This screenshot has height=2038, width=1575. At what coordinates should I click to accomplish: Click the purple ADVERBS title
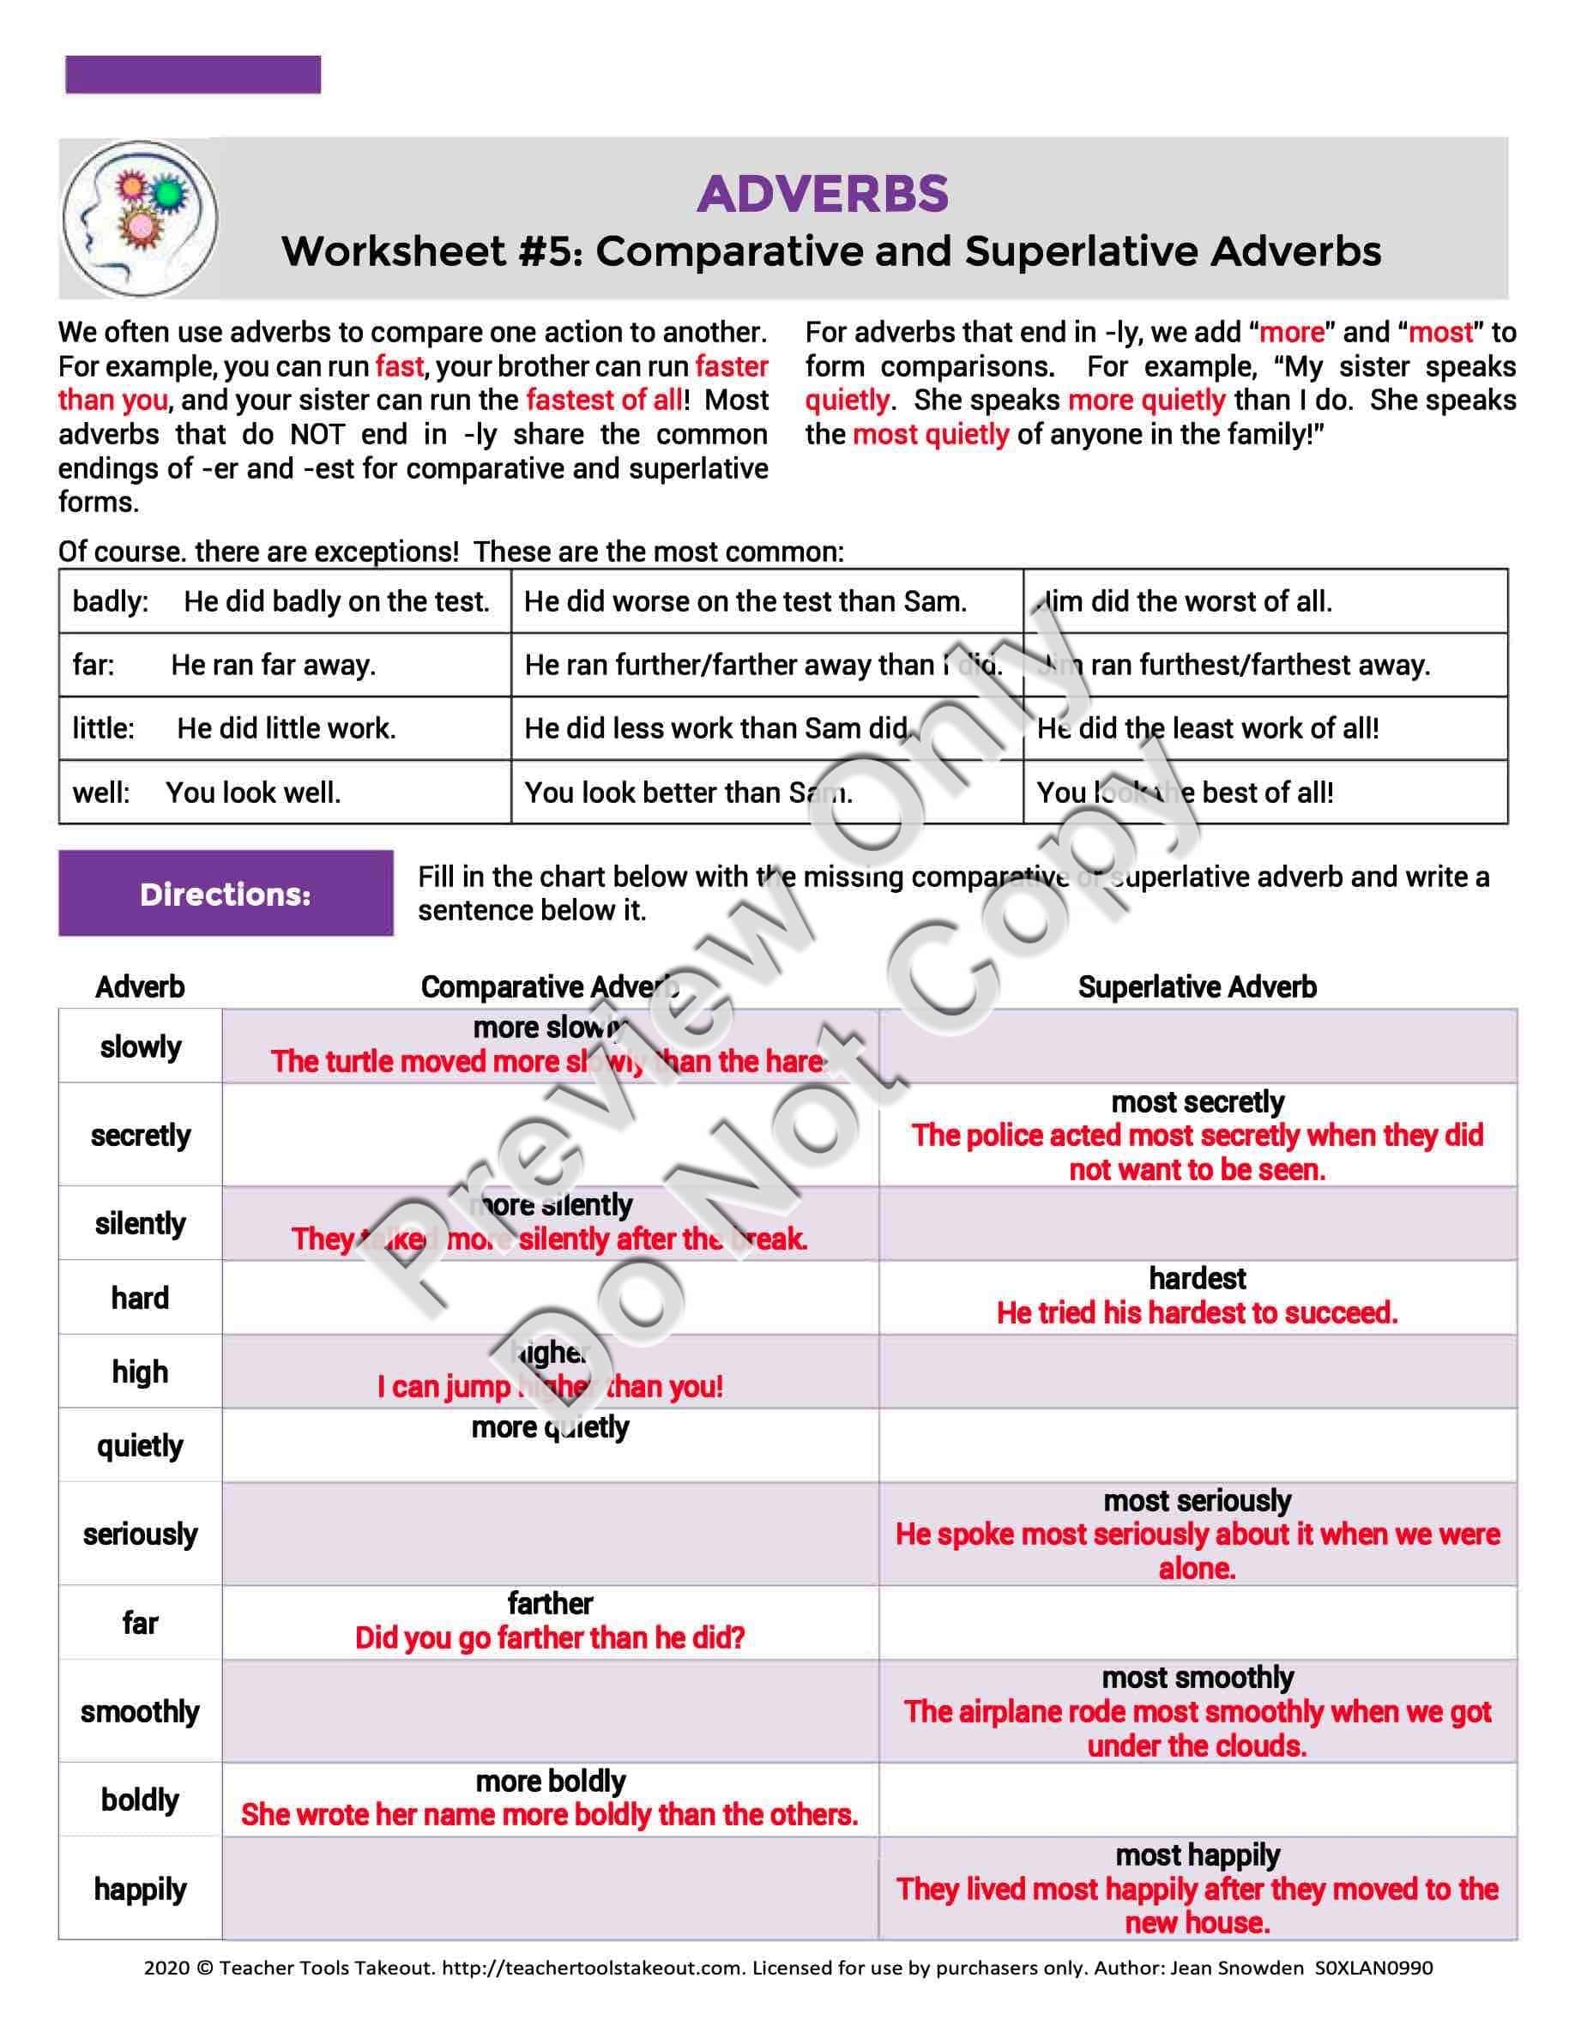tap(822, 194)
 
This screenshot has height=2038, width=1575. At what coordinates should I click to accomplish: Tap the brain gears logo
tap(140, 219)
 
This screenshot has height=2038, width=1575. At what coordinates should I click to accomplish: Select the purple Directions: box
tap(226, 893)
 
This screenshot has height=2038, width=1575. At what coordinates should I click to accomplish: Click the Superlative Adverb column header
tap(1197, 986)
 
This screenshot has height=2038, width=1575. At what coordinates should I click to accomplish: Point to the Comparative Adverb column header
tap(550, 986)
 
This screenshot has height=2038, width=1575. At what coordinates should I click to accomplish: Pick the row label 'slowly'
tap(140, 1046)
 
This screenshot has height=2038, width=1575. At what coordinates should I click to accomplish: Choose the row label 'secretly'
tap(140, 1135)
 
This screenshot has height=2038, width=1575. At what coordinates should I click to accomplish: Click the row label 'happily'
tap(140, 1889)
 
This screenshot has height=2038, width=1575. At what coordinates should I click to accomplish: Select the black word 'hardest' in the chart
tap(1197, 1277)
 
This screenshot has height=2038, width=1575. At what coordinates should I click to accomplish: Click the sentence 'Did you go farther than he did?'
tap(550, 1637)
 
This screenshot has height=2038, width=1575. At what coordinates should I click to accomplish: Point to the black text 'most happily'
tap(1197, 1855)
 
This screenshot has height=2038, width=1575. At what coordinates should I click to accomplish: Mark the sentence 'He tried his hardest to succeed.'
tap(1197, 1312)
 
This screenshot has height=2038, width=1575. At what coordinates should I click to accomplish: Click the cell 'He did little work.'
tap(287, 728)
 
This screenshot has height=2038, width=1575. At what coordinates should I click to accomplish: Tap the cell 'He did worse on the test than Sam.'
tap(745, 601)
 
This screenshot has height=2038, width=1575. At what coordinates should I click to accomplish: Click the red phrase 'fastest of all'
tap(605, 400)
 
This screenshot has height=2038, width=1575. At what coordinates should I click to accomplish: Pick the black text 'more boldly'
tap(551, 1781)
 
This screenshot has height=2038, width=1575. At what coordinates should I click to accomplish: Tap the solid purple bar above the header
tap(193, 75)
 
